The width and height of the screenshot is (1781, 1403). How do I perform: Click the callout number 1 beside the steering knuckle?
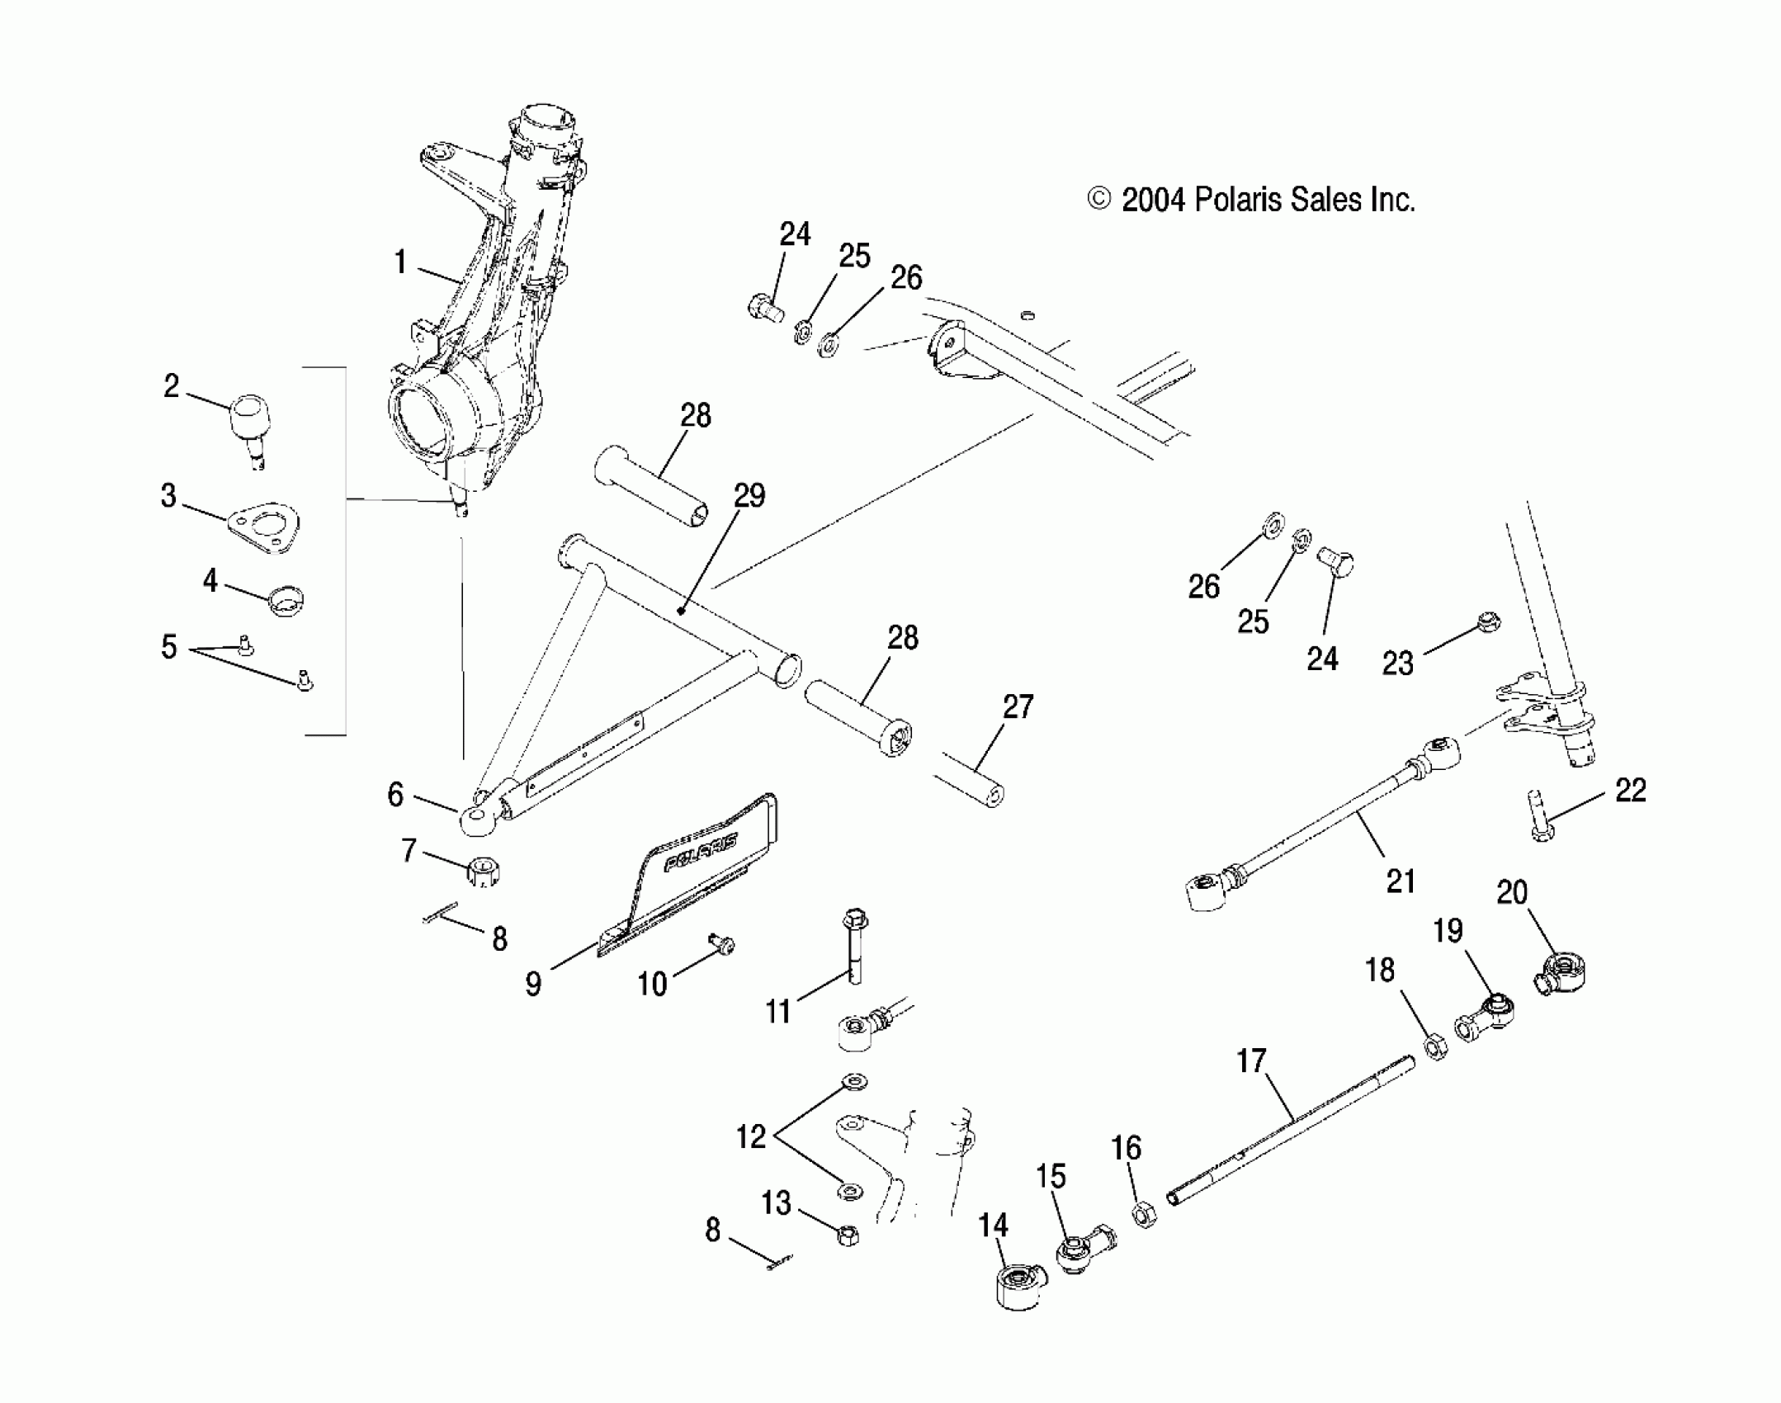[x=400, y=262]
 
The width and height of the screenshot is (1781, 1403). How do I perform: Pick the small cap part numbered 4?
[x=286, y=601]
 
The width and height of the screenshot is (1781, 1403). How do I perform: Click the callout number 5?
[x=169, y=647]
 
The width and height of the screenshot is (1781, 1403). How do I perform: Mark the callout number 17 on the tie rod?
[x=1251, y=1061]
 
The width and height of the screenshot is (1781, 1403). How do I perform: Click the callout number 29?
[x=749, y=495]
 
